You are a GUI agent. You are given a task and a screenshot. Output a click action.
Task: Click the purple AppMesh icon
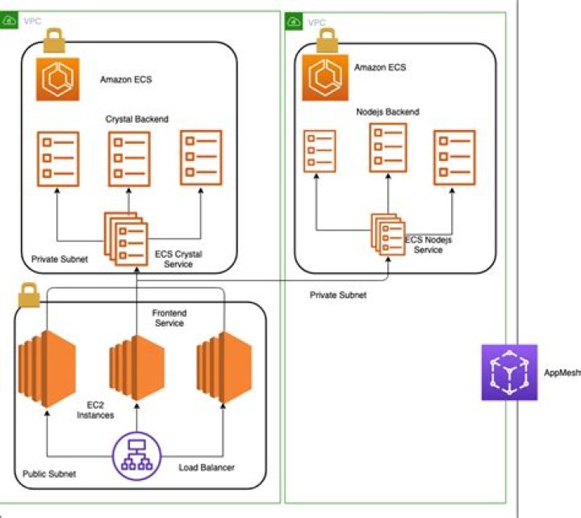coord(509,373)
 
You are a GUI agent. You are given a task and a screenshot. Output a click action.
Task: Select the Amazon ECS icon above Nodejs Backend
coord(326,76)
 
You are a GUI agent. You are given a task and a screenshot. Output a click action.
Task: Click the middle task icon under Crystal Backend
coord(129,157)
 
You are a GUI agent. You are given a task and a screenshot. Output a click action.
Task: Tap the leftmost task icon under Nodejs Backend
coord(320,152)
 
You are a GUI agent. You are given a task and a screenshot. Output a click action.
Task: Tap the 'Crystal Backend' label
coord(137,120)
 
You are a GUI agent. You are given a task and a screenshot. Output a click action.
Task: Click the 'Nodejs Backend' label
coord(387,112)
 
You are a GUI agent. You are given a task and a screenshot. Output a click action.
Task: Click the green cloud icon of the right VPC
coord(295,21)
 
